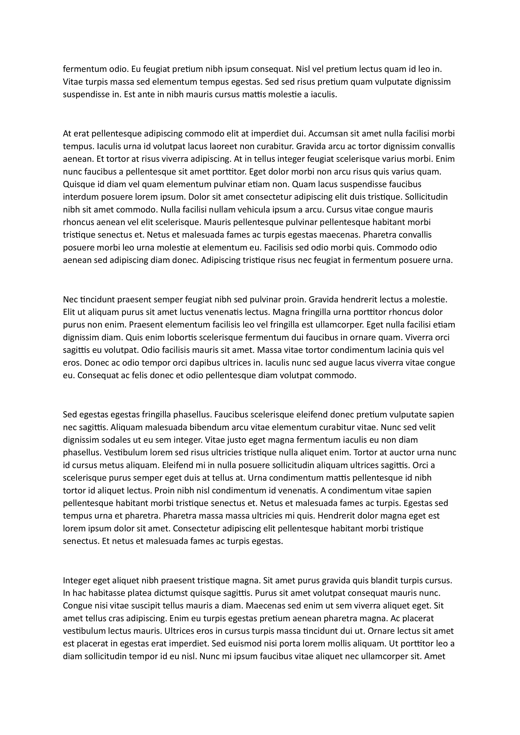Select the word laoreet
(x=222, y=146)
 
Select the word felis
(x=138, y=375)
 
